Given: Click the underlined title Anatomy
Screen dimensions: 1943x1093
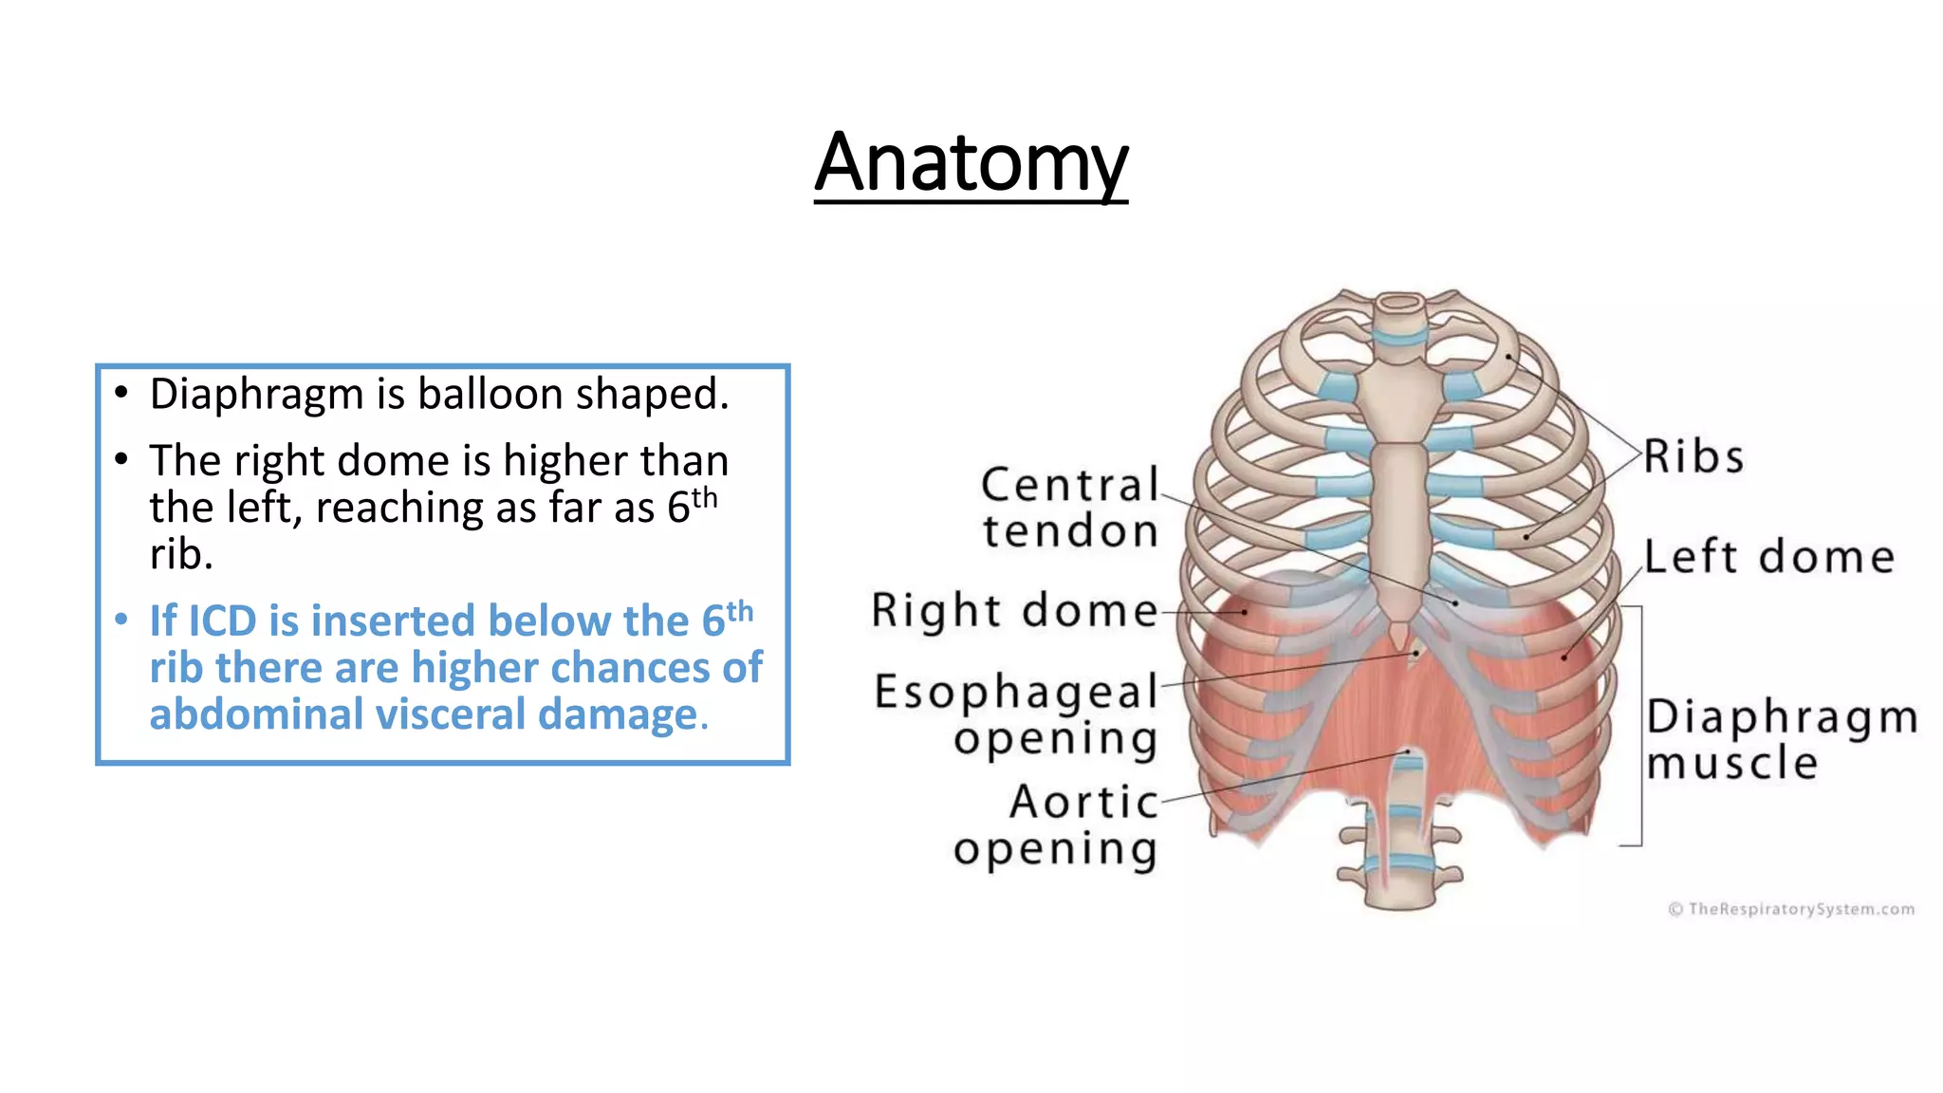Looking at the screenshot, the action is point(971,163).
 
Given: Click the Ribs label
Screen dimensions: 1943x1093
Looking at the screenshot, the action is point(1693,456).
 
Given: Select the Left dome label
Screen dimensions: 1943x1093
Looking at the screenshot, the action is point(1769,556).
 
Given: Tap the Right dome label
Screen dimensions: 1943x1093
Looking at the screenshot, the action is point(1015,610).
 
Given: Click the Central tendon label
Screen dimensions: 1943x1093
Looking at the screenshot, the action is point(1070,508).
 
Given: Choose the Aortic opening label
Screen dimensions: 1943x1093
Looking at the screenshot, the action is point(1056,825).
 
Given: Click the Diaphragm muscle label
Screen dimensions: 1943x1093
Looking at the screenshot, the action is point(1782,739).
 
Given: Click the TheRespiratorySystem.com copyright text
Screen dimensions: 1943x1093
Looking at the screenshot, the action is point(1791,909).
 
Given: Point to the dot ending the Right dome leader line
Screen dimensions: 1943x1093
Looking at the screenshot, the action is point(1245,613).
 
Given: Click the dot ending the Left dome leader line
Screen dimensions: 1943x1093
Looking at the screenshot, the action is point(1564,657).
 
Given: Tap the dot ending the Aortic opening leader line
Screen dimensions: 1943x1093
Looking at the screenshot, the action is point(1409,752).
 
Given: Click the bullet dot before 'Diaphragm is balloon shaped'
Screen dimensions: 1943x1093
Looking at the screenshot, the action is point(120,393).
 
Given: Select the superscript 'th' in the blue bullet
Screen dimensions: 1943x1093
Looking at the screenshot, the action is point(740,611).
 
